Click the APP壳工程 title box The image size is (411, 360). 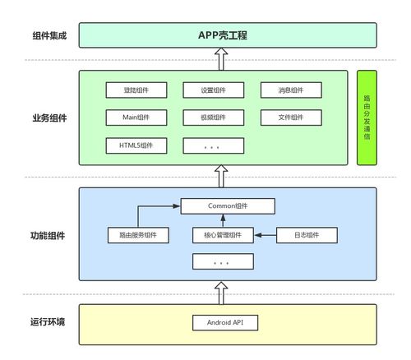click(x=228, y=35)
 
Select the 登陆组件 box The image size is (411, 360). click(x=136, y=90)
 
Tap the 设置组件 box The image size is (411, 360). click(x=214, y=90)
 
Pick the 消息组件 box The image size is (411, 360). click(x=291, y=90)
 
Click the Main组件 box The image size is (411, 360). click(x=136, y=118)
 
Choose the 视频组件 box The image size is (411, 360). click(x=214, y=118)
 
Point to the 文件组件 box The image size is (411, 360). click(x=291, y=118)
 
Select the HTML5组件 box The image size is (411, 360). click(x=136, y=145)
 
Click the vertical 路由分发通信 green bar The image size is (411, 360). click(x=367, y=118)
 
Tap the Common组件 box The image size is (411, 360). click(x=228, y=206)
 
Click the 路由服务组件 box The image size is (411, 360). click(x=138, y=235)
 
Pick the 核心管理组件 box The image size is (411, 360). click(x=223, y=235)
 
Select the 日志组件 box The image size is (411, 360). click(x=307, y=235)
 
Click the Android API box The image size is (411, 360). click(x=225, y=322)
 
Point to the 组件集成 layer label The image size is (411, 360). click(x=49, y=35)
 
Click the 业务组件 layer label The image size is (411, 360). click(x=49, y=118)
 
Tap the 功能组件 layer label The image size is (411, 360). click(x=48, y=236)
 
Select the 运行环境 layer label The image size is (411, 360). click(x=48, y=321)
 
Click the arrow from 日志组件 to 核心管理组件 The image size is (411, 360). click(x=266, y=235)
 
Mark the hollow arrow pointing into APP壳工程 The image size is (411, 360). click(x=221, y=59)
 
